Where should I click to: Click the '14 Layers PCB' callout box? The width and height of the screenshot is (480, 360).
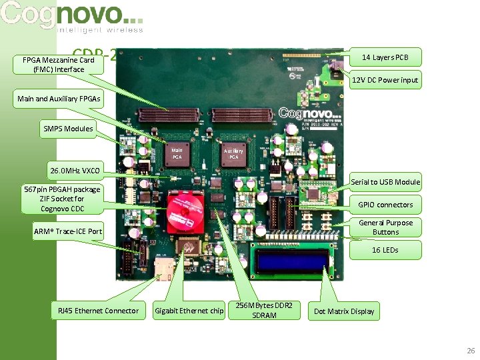click(385, 57)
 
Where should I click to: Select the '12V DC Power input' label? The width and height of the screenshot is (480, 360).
click(385, 80)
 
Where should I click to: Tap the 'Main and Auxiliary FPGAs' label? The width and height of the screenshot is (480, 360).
click(59, 99)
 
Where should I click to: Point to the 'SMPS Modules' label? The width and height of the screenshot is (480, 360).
click(68, 128)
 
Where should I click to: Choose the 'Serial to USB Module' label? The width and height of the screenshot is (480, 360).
click(385, 181)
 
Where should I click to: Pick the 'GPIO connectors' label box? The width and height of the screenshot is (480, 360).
click(385, 205)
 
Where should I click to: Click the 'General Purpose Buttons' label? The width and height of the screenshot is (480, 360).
click(385, 227)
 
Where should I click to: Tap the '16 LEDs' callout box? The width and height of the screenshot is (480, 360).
click(385, 250)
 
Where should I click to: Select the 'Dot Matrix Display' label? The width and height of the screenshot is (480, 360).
click(344, 311)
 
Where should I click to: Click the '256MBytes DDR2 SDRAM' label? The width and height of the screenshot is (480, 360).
click(264, 310)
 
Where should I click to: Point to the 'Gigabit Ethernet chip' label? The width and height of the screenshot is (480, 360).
click(189, 311)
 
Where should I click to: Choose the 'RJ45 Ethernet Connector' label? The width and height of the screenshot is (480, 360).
click(98, 311)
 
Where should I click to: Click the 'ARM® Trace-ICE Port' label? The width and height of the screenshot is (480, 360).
click(68, 231)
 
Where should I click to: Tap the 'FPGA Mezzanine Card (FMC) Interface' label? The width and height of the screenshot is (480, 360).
click(59, 65)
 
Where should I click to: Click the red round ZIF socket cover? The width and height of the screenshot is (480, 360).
click(189, 211)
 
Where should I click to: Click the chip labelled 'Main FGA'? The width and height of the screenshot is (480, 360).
click(177, 154)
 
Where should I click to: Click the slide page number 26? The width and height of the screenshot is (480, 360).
click(471, 350)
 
